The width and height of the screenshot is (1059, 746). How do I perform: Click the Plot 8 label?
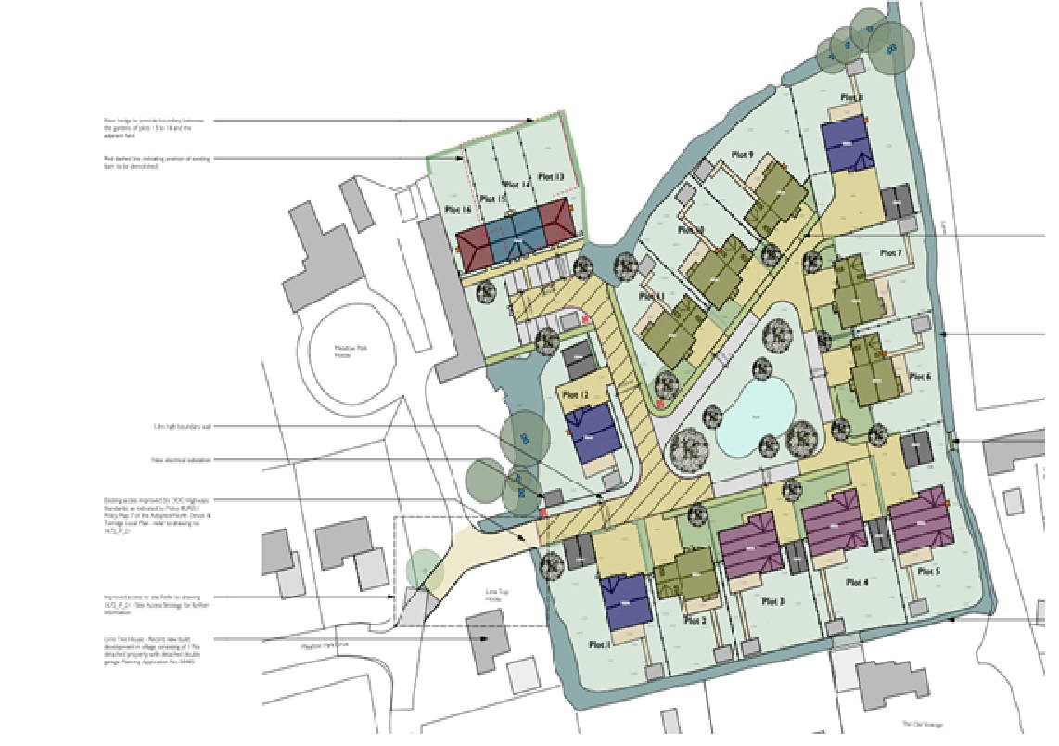tap(850, 97)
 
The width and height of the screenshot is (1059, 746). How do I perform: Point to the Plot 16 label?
tap(458, 209)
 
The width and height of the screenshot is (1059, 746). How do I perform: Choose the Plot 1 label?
tap(599, 643)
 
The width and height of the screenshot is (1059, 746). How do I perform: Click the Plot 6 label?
tap(919, 377)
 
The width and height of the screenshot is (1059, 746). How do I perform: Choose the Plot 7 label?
tap(890, 253)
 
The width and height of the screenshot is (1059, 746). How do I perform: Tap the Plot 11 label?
tap(652, 296)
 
